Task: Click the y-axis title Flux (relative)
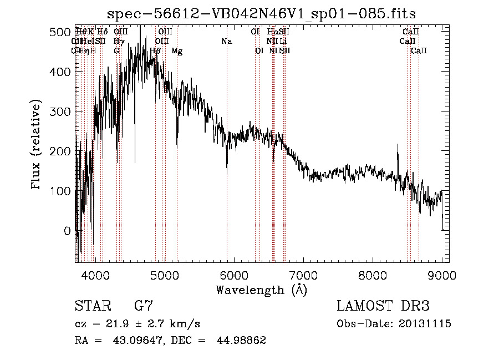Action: click(x=37, y=145)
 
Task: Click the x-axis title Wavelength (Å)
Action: click(x=261, y=290)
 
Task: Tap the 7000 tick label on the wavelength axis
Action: click(x=303, y=275)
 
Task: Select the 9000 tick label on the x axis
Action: click(x=441, y=275)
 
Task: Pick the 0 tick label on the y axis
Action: click(x=67, y=231)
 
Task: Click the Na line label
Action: click(x=226, y=42)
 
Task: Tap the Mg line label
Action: click(x=177, y=51)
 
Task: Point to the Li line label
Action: click(x=283, y=42)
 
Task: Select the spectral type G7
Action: click(x=144, y=306)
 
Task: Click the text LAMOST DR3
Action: click(x=383, y=306)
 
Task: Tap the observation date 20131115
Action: click(x=427, y=324)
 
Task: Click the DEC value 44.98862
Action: click(x=241, y=341)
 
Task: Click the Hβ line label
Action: click(x=156, y=51)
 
